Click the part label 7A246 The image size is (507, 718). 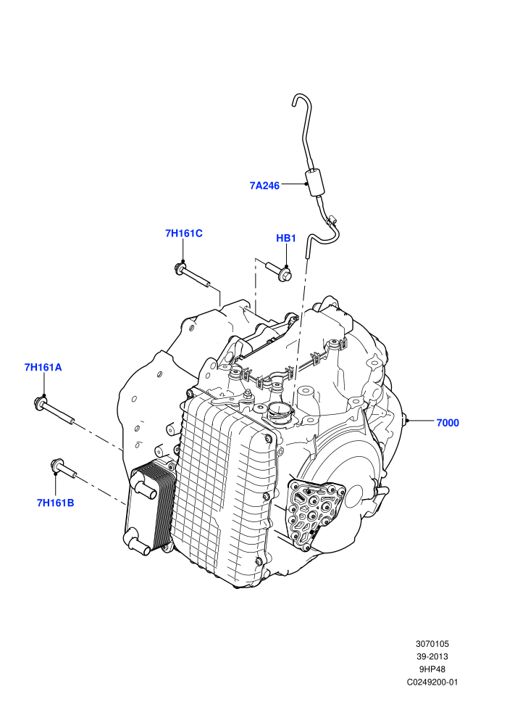point(264,186)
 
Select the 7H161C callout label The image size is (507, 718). point(184,233)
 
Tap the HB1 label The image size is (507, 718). point(285,238)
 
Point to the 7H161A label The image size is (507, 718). point(43,367)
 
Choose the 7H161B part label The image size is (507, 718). point(55,503)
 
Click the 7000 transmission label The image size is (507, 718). point(448,423)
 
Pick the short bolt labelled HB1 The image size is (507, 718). point(278,271)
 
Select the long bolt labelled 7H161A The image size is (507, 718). point(54,410)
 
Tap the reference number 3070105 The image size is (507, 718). point(432,643)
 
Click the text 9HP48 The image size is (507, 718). point(432,669)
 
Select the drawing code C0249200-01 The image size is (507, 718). point(432,682)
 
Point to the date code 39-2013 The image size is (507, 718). point(432,656)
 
